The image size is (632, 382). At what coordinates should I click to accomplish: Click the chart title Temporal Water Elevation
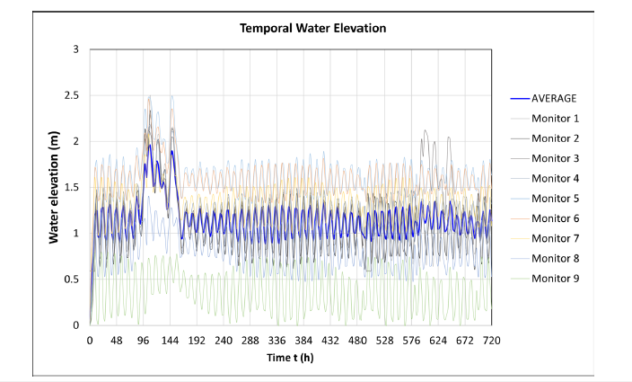(x=312, y=28)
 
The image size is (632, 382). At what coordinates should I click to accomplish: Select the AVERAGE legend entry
(x=554, y=98)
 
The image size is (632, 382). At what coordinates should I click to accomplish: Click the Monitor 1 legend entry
(x=555, y=118)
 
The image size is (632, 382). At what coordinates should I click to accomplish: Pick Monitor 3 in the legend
(x=555, y=158)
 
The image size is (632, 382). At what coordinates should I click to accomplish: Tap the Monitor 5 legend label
(x=555, y=198)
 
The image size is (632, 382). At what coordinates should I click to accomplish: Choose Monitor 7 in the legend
(x=555, y=238)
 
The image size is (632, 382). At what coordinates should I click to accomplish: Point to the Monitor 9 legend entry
(x=555, y=278)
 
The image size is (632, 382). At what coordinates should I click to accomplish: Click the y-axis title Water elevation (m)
(x=54, y=186)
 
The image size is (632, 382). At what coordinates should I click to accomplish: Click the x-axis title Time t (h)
(x=290, y=357)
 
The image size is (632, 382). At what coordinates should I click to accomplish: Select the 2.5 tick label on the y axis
(x=72, y=94)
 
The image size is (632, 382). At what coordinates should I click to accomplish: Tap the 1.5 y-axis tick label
(x=72, y=187)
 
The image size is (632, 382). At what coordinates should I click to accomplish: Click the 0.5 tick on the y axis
(x=72, y=279)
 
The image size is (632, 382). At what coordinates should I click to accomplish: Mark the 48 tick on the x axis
(x=117, y=341)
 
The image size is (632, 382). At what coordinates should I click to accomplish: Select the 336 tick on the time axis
(x=276, y=341)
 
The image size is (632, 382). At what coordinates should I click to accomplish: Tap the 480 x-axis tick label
(x=357, y=341)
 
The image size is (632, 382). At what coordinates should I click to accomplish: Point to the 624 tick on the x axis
(x=437, y=341)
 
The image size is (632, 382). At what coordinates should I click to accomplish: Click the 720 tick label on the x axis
(x=491, y=341)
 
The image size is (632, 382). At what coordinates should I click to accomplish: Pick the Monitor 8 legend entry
(x=555, y=258)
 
